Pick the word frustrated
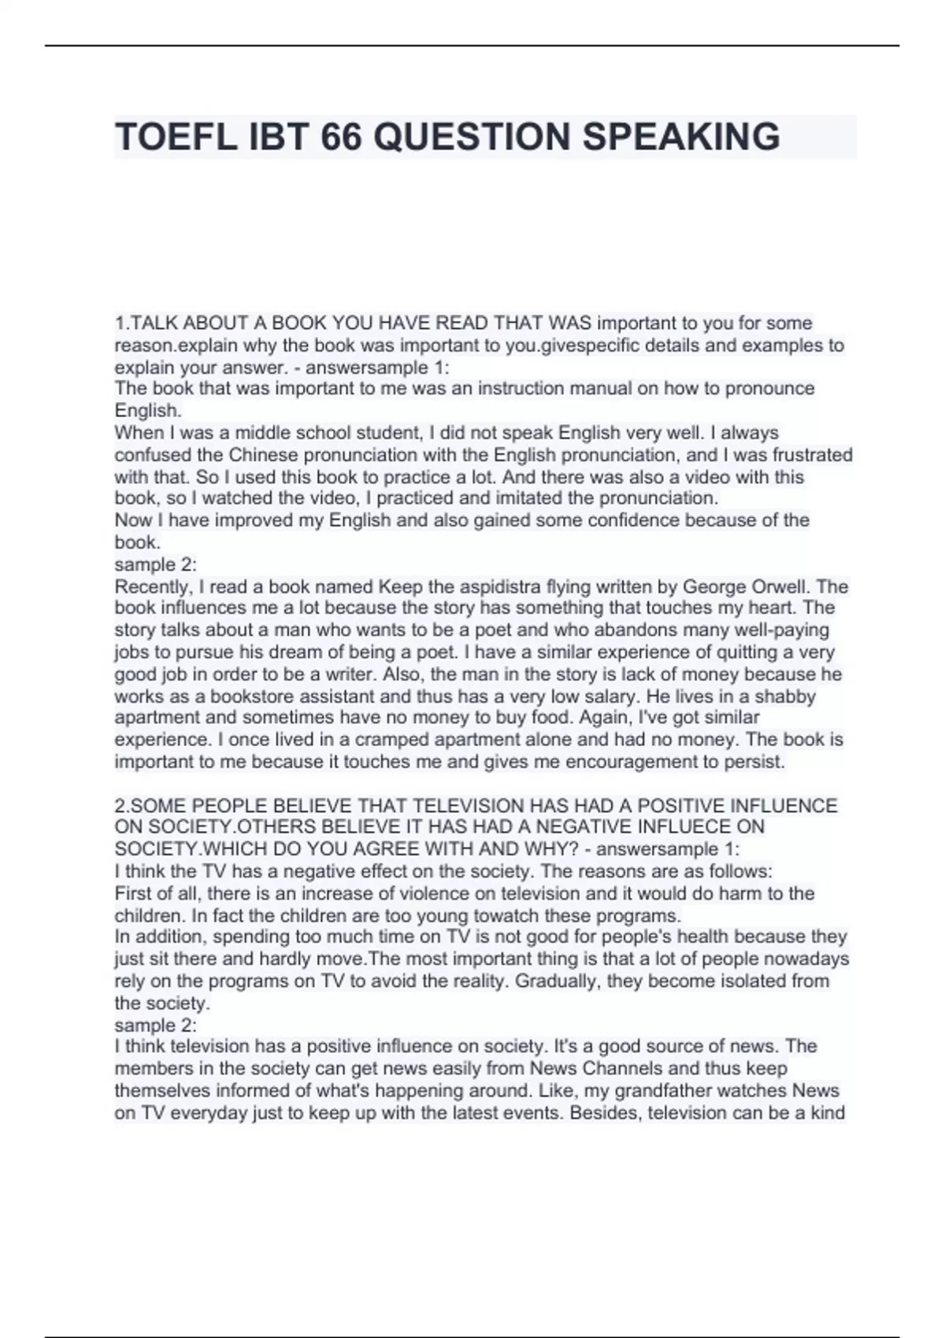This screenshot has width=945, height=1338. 813,455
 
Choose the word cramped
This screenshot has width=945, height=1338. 390,740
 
